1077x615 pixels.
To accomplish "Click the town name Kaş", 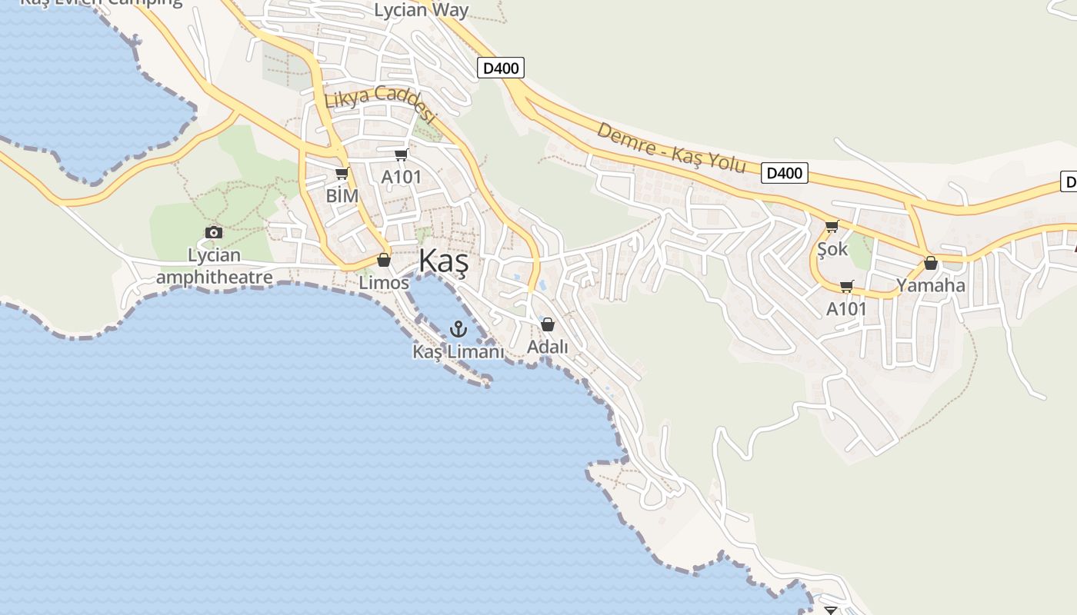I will [x=444, y=262].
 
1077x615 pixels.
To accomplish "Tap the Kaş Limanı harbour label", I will [x=458, y=351].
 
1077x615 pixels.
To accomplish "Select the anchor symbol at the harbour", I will [x=458, y=330].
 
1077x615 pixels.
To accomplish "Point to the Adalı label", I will [x=548, y=347].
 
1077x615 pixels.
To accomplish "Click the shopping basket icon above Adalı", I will [x=548, y=324].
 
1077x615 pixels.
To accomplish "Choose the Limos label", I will [x=384, y=282].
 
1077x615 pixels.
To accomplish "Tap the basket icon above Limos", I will [x=384, y=260].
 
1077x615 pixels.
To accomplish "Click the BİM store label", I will [x=342, y=195].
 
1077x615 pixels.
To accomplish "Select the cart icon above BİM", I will [x=342, y=174].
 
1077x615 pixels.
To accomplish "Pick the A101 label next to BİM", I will [x=402, y=177].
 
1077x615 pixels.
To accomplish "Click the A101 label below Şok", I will [x=846, y=308].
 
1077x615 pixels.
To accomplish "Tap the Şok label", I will [x=832, y=248].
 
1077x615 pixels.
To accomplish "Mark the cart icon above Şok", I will [x=832, y=227].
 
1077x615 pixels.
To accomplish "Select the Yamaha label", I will [x=930, y=285].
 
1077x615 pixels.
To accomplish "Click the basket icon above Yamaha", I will [x=930, y=264].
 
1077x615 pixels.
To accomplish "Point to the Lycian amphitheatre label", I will [x=214, y=266].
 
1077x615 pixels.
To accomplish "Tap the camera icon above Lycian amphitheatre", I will [x=214, y=232].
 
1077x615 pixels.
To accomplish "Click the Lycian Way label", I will [x=421, y=10].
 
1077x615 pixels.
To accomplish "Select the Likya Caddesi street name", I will [x=380, y=105].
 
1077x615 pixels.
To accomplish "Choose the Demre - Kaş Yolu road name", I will [x=671, y=148].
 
